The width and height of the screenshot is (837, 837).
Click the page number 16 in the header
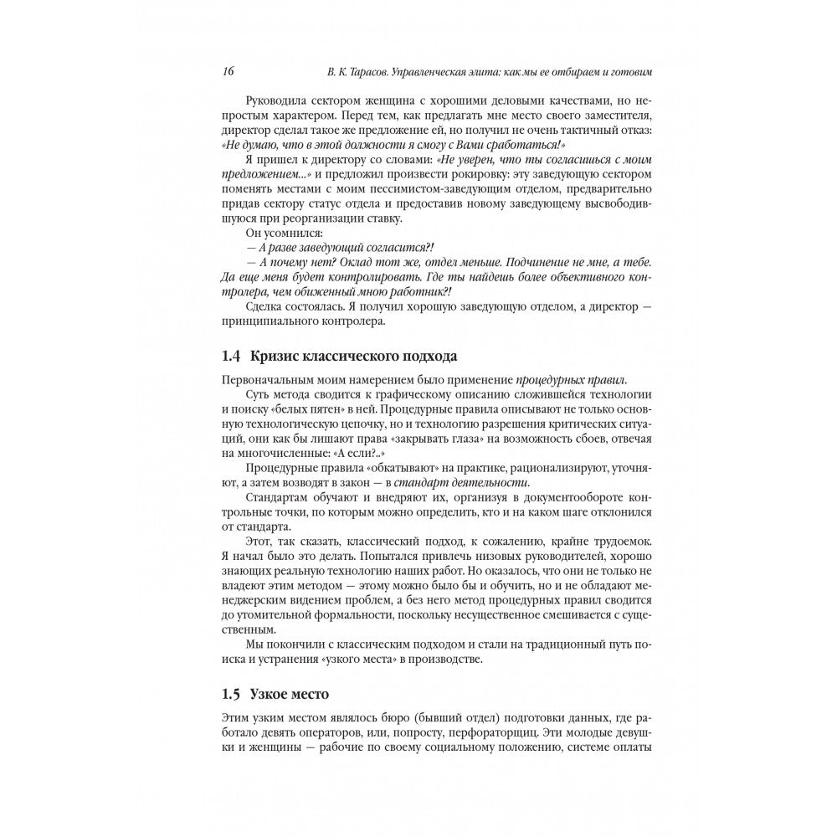[x=228, y=72]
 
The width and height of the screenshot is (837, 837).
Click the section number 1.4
[x=232, y=356]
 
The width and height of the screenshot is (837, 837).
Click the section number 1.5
[x=232, y=693]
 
